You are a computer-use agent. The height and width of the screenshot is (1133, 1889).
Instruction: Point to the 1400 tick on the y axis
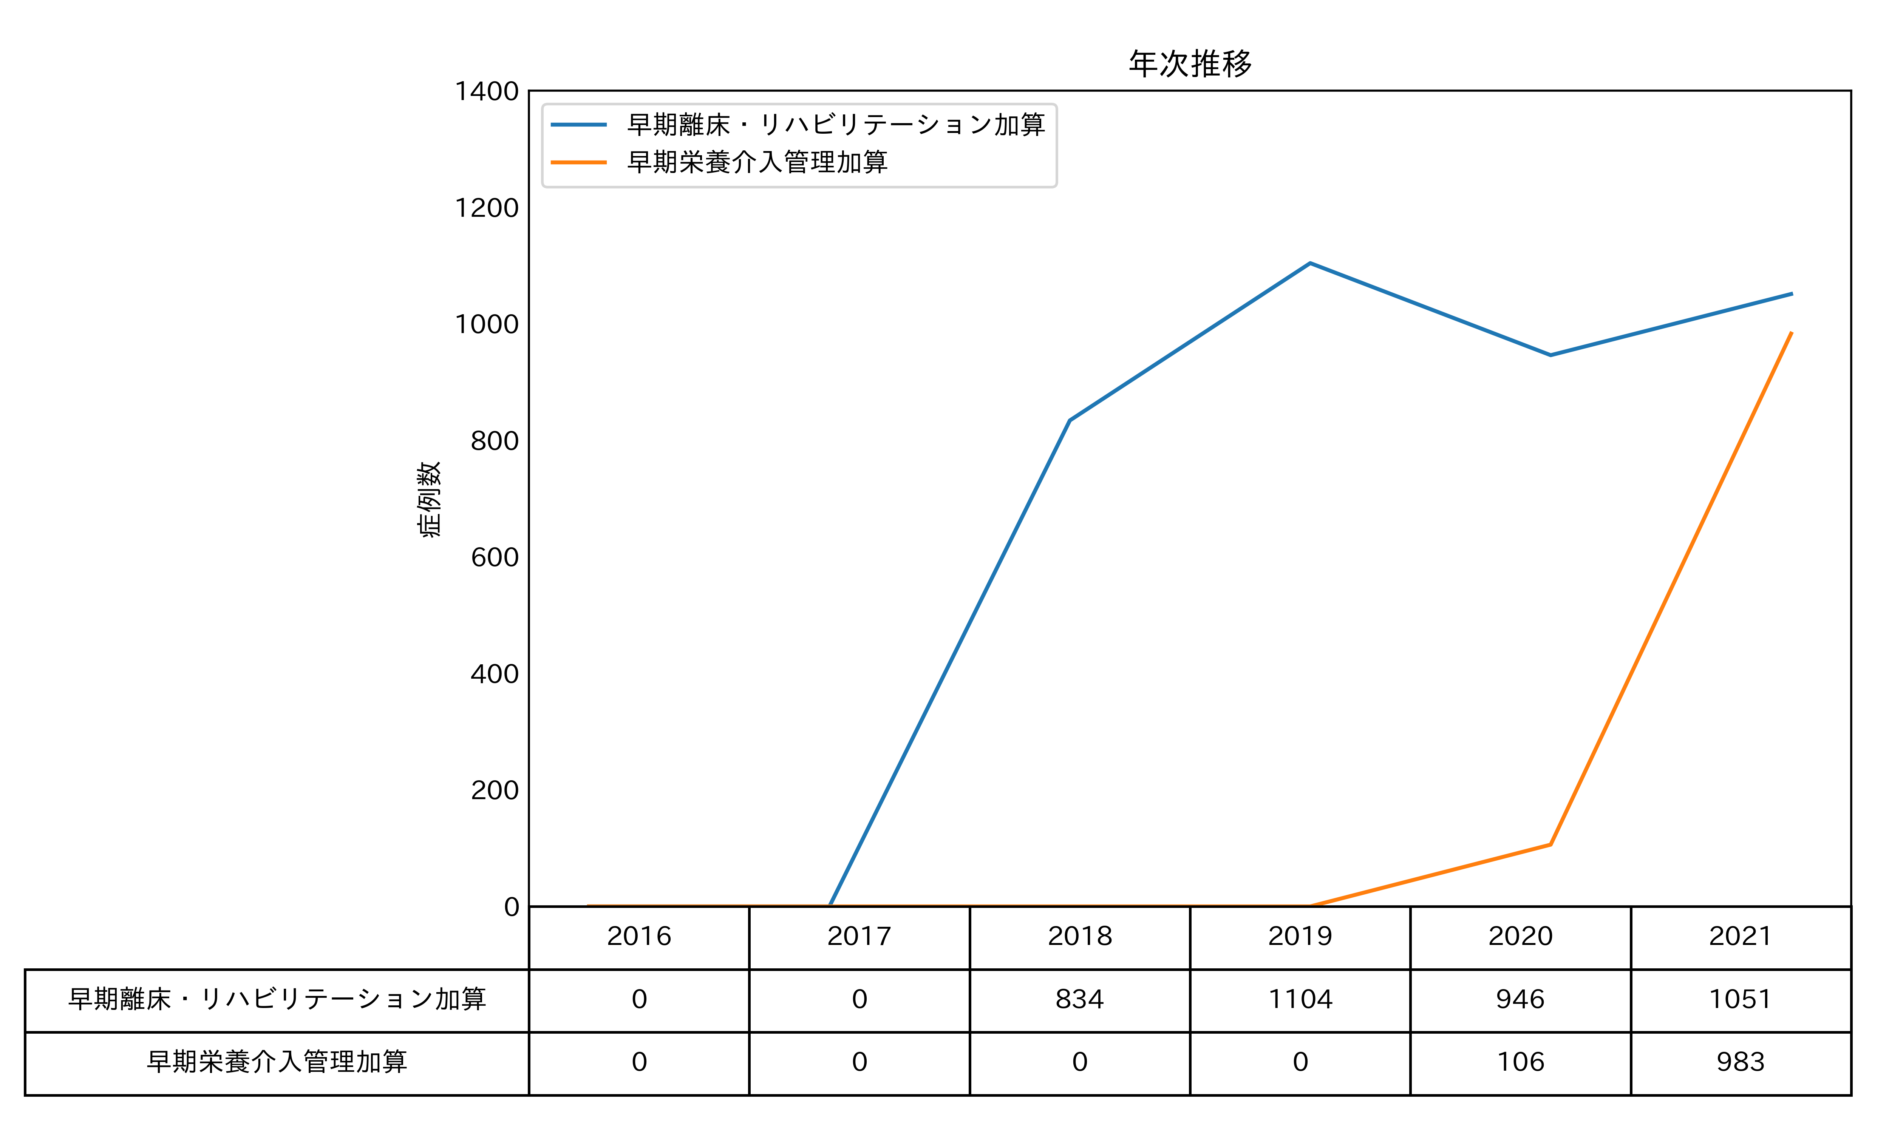pos(487,92)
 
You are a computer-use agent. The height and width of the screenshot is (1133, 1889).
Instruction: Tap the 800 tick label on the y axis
pos(495,440)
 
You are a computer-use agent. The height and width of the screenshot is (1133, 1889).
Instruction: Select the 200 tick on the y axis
pos(495,790)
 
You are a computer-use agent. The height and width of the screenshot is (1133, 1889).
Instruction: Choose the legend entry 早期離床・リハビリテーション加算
pos(835,125)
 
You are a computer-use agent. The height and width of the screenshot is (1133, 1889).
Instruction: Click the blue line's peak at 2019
pos(1309,263)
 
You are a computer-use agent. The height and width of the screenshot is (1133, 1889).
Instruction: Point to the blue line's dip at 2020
pos(1550,355)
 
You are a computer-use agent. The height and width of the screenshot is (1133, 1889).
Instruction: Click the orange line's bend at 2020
pos(1550,844)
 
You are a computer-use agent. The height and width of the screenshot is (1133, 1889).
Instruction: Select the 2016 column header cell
pos(639,936)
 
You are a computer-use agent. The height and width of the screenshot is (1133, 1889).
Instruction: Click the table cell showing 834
pos(1080,999)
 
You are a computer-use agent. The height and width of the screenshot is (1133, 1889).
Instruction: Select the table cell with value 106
pos(1520,1062)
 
